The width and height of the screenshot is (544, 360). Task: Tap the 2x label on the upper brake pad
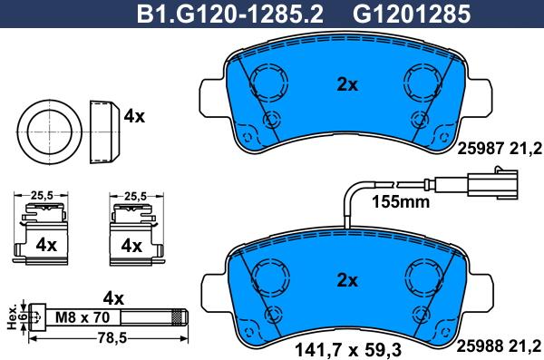347,84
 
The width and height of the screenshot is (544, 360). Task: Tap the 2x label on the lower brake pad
347,279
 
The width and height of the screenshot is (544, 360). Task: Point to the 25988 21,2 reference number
502,345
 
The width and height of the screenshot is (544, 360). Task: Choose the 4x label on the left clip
45,246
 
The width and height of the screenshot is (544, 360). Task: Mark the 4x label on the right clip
131,246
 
